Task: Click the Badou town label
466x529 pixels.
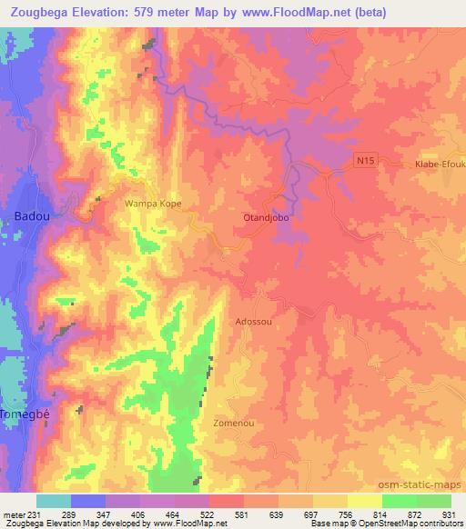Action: click(26, 216)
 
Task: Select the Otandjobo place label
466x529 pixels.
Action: click(267, 218)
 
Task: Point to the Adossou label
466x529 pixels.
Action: click(253, 321)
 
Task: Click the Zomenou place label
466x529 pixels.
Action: click(232, 424)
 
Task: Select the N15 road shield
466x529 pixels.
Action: click(364, 161)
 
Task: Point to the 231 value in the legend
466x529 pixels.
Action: click(35, 514)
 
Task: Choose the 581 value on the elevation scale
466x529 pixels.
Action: click(243, 514)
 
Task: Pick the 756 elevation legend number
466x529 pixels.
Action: click(347, 514)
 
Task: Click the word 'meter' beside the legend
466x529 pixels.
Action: click(13, 514)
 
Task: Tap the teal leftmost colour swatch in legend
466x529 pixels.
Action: click(54, 501)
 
